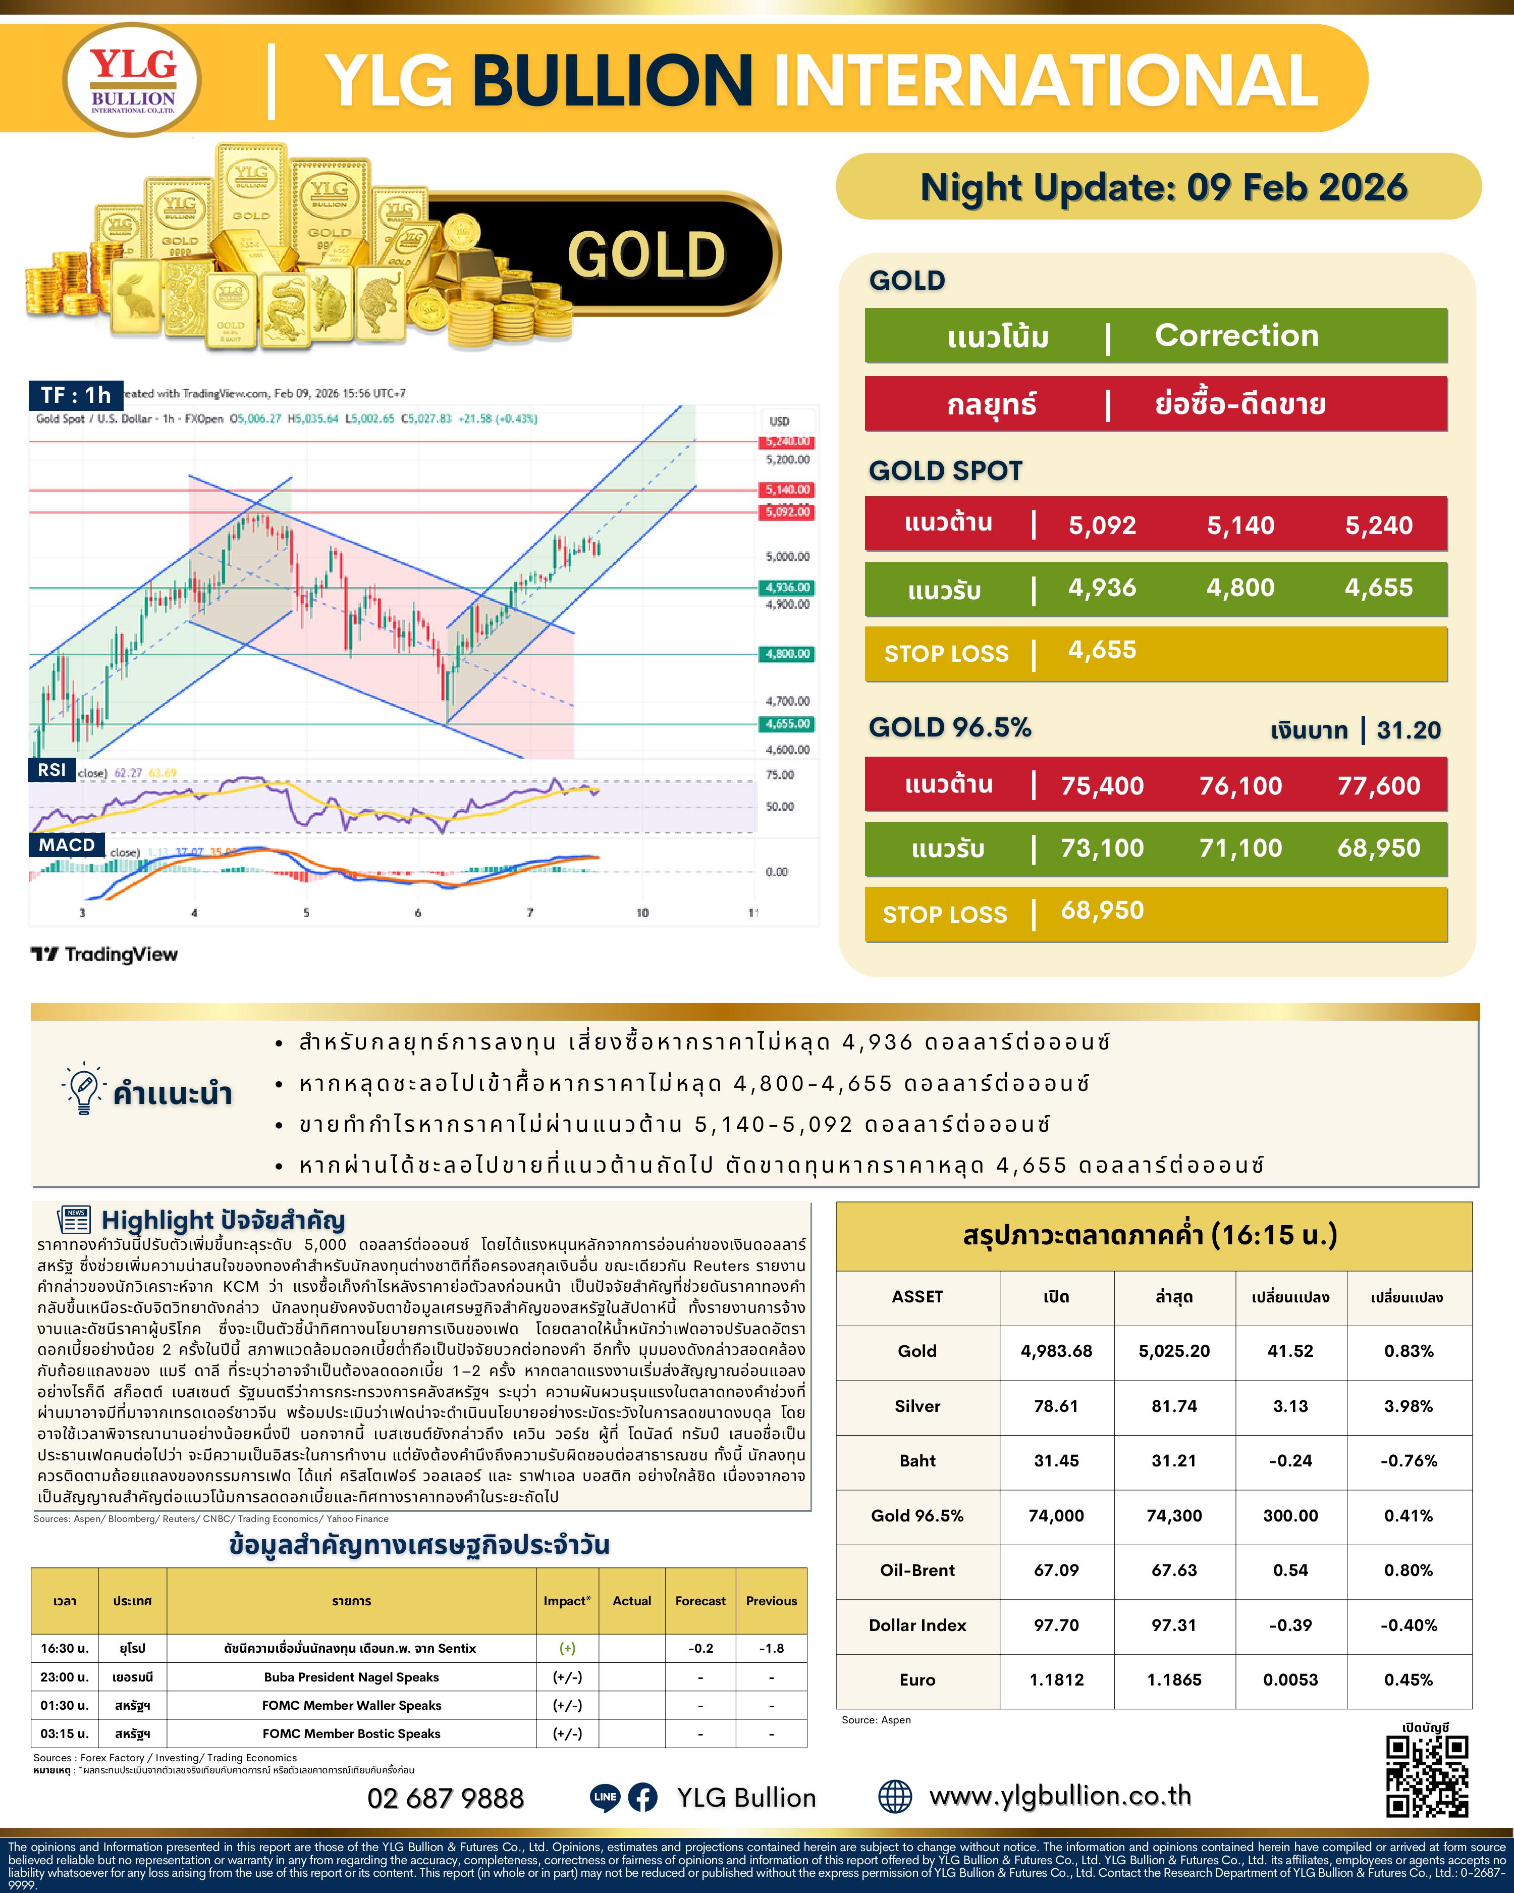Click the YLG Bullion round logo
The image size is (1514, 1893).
[x=133, y=80]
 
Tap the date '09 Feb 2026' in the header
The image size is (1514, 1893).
[x=1296, y=187]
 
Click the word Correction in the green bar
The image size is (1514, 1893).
[x=1236, y=335]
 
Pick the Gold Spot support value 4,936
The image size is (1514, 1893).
[x=1102, y=588]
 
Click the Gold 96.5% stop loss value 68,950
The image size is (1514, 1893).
[x=1102, y=911]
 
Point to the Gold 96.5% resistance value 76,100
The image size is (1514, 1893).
[x=1240, y=786]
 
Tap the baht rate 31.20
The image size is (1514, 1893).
[x=1408, y=729]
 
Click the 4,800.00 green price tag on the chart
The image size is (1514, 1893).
[x=787, y=654]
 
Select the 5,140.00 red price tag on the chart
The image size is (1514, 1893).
[x=787, y=490]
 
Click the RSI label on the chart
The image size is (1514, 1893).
[x=52, y=770]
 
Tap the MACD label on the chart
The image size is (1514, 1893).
[x=67, y=845]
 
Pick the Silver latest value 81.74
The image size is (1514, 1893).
[x=1173, y=1406]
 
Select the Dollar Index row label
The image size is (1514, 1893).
[x=917, y=1625]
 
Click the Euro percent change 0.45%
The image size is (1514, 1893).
[x=1408, y=1679]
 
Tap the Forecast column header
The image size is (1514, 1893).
[x=700, y=1601]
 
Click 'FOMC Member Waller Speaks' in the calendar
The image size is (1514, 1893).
[x=351, y=1705]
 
